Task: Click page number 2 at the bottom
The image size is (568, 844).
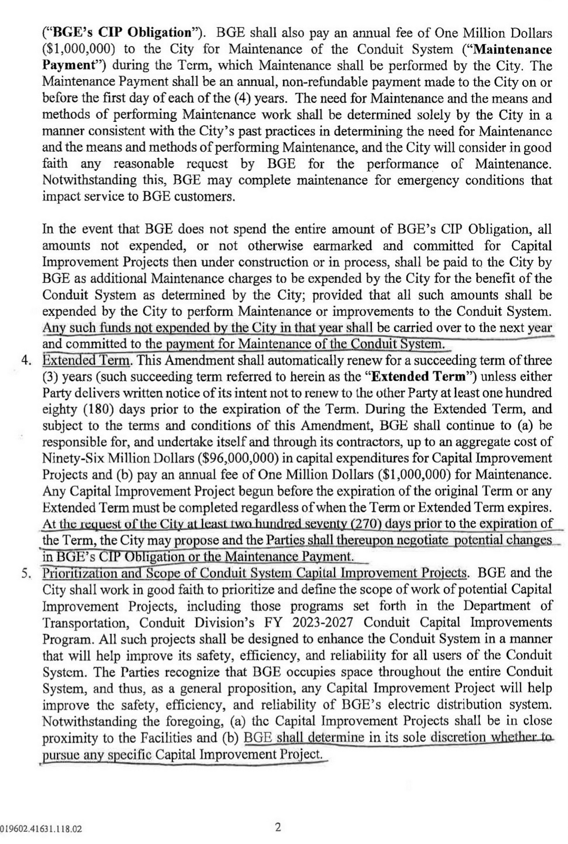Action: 278,827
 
